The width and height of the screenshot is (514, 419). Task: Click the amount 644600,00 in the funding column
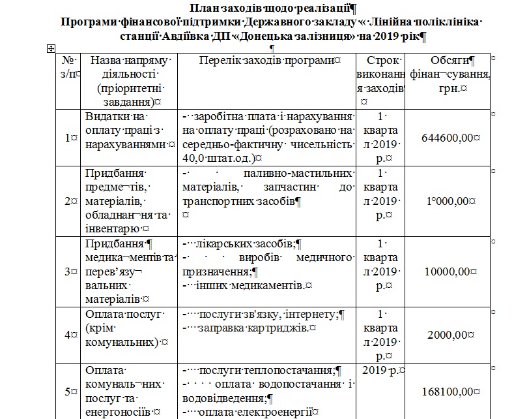[450, 138]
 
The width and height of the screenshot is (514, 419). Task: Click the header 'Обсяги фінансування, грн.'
[450, 72]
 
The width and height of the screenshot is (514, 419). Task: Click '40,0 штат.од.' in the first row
[219, 157]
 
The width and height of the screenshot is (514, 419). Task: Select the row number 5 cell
[69, 392]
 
